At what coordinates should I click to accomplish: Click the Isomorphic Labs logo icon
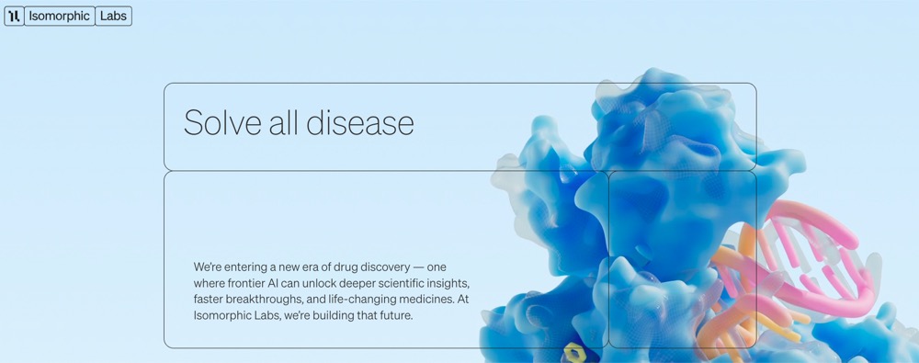tap(14, 16)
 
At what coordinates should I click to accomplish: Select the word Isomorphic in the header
tap(59, 16)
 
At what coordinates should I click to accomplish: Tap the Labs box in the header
tap(113, 16)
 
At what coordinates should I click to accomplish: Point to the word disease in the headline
tap(360, 122)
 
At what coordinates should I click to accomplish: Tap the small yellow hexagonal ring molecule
tap(572, 352)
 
